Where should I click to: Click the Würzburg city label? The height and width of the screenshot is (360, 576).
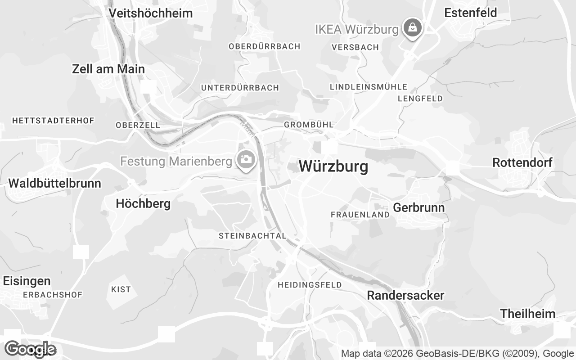tap(333, 166)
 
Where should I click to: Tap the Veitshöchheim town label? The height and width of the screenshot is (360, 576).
tap(151, 13)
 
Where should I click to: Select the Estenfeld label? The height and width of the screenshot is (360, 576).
tap(470, 13)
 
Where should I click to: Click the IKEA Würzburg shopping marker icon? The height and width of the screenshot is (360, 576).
tap(411, 28)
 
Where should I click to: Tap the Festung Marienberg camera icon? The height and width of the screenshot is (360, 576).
tap(246, 159)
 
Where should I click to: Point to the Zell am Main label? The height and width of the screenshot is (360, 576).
tap(108, 69)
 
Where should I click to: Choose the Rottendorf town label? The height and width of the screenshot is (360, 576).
tap(522, 162)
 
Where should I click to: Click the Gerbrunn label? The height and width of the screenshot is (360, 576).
tap(418, 207)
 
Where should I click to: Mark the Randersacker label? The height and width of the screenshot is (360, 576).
tap(405, 295)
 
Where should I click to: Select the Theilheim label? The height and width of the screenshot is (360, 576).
tap(527, 314)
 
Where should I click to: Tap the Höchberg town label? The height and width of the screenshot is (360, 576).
tap(143, 203)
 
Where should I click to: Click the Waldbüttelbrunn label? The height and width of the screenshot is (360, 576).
tap(54, 183)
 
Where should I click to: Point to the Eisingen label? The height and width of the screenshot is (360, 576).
tap(27, 281)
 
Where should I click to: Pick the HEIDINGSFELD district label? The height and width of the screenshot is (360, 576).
tap(310, 285)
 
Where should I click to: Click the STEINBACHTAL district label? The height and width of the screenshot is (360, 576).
tap(252, 236)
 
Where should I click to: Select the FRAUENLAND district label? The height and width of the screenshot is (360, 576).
tap(360, 215)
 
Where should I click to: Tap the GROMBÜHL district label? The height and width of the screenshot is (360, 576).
tap(309, 124)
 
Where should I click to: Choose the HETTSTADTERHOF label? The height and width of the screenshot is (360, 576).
tap(53, 121)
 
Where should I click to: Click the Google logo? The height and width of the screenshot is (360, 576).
tap(30, 349)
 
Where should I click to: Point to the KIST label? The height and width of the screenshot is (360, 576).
tap(121, 289)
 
